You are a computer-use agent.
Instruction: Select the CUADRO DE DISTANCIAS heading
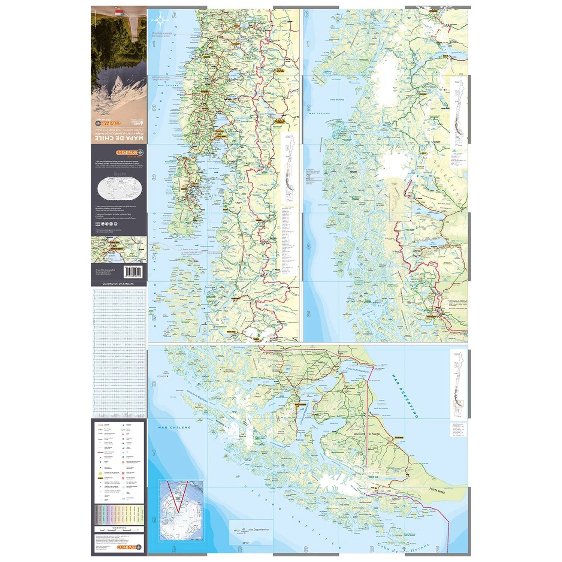(x=118, y=284)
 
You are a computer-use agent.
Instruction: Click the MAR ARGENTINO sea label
(x=405, y=396)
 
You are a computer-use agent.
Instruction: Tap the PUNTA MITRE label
(x=437, y=490)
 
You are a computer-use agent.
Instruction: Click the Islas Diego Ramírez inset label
(x=258, y=530)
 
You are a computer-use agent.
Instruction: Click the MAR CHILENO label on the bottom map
(x=174, y=427)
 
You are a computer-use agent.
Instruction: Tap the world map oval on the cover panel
(x=118, y=188)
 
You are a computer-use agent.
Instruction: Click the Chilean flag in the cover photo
(x=119, y=13)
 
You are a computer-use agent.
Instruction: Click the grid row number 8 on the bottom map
(x=154, y=520)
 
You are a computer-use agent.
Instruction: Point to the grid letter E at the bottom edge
(x=438, y=549)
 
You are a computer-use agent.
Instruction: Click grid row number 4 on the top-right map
(x=308, y=247)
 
